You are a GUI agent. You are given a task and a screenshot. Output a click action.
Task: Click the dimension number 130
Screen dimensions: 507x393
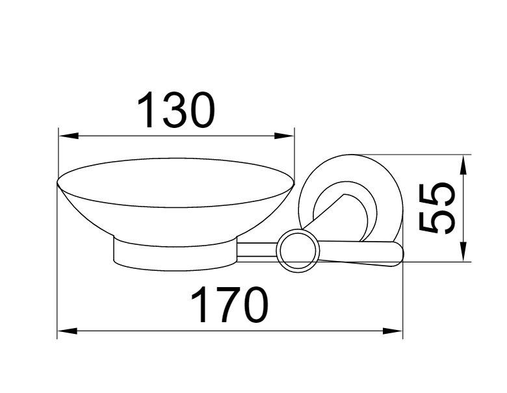[176, 110]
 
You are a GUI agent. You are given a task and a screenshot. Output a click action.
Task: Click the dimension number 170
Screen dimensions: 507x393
[230, 305]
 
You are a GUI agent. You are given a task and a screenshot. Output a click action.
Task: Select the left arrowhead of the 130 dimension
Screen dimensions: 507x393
[68, 136]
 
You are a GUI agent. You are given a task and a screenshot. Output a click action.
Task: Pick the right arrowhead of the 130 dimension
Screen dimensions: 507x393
[284, 136]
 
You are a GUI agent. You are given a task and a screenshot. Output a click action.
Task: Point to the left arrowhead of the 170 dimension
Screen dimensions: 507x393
[67, 331]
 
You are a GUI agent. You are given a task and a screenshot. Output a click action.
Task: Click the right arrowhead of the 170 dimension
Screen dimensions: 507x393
[393, 331]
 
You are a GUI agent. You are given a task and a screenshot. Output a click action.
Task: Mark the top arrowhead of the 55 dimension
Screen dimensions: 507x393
[463, 165]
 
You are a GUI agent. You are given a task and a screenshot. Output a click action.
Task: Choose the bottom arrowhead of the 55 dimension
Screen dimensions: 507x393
[463, 252]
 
